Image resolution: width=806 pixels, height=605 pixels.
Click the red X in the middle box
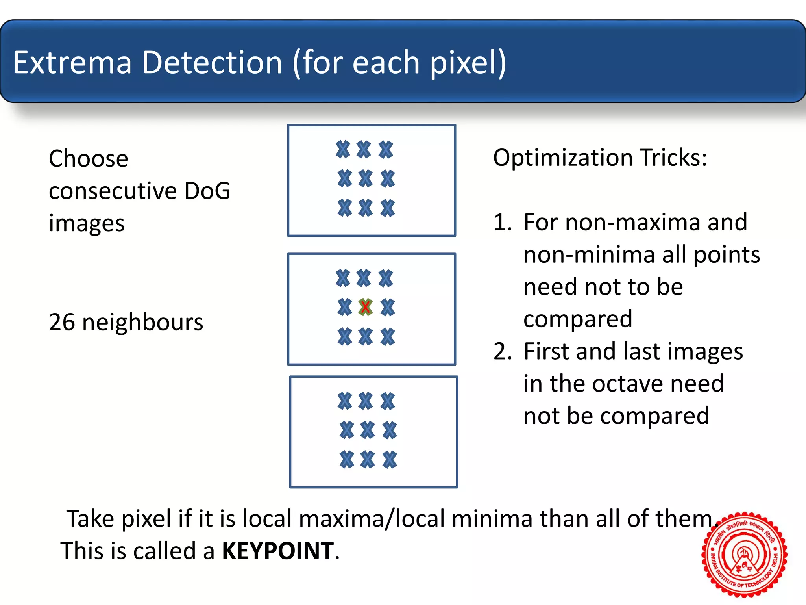click(x=365, y=307)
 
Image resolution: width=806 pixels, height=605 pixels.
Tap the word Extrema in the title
click(x=72, y=63)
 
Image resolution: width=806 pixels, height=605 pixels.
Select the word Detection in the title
click(x=212, y=63)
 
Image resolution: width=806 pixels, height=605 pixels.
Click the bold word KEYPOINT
click(x=278, y=551)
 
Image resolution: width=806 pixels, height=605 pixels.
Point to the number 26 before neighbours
click(x=62, y=322)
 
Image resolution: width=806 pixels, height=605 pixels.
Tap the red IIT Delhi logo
click(x=744, y=554)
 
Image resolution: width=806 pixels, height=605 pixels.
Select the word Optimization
click(x=562, y=158)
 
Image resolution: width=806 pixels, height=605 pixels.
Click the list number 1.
click(x=502, y=222)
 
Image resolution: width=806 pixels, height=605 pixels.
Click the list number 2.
click(x=502, y=351)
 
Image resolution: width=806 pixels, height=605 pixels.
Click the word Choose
click(x=89, y=159)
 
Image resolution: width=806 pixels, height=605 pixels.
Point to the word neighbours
click(x=143, y=322)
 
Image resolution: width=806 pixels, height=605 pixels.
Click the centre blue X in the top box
click(x=366, y=178)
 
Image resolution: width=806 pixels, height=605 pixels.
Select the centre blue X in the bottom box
click(x=368, y=430)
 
